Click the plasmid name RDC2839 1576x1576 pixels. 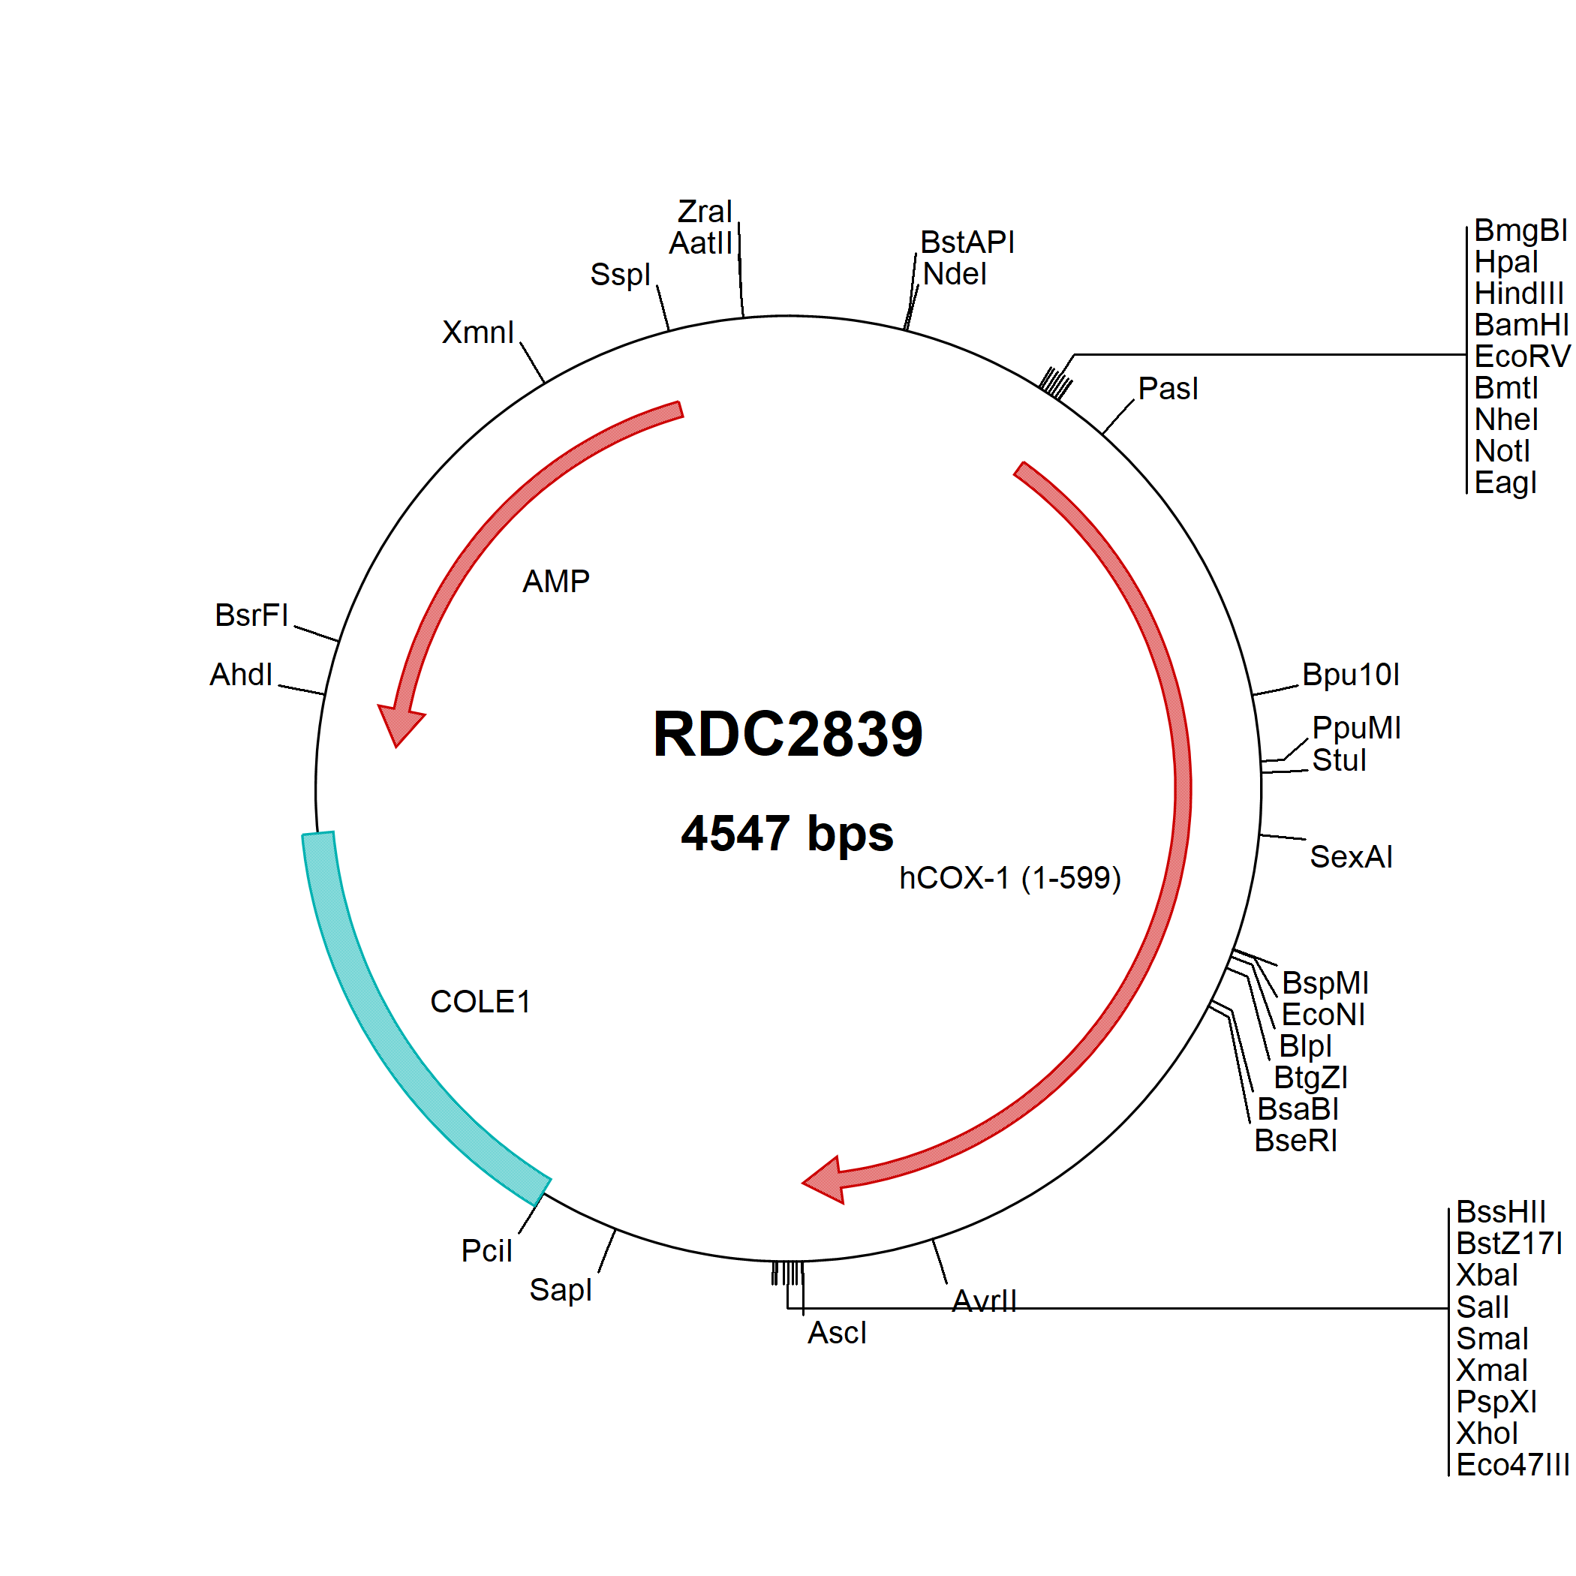click(787, 734)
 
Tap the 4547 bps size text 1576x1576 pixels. click(787, 834)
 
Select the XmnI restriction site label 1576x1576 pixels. click(478, 332)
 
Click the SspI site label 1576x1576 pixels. click(620, 275)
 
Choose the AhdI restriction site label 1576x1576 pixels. click(241, 675)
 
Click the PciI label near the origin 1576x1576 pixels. click(486, 1250)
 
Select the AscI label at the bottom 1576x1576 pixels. click(837, 1333)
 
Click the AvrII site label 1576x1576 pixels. click(984, 1301)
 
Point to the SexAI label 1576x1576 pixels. click(1351, 856)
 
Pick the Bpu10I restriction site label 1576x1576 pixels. click(1350, 675)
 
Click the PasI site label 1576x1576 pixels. click(1168, 388)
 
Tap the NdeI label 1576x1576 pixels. click(955, 274)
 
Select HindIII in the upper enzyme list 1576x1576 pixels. click(1518, 293)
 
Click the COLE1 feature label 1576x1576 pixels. click(480, 1002)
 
